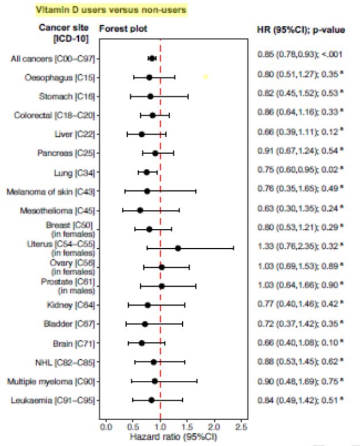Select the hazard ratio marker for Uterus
pos(178,248)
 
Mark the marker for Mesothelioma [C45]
pos(140,210)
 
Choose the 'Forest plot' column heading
pos(123,28)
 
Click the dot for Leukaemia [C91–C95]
pos(151,400)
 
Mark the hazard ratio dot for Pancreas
pos(155,153)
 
